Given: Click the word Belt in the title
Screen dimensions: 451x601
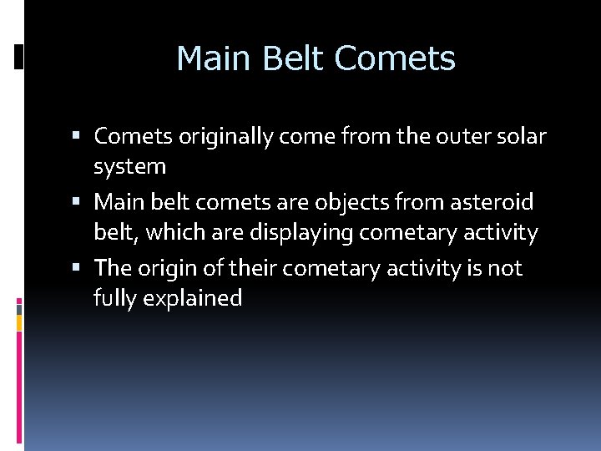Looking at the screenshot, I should tap(296, 58).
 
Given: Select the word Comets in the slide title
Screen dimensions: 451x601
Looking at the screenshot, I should tap(395, 58).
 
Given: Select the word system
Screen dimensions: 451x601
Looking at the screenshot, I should tap(129, 167).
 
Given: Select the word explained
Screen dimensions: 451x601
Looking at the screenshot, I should tap(194, 299).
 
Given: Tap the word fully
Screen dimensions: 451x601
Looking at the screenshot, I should tap(116, 299).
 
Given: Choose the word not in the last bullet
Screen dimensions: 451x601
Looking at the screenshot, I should tap(505, 268).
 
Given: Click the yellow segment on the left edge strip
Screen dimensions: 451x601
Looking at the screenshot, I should tap(19, 321).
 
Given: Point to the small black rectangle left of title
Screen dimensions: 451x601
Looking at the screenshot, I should tap(19, 57).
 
